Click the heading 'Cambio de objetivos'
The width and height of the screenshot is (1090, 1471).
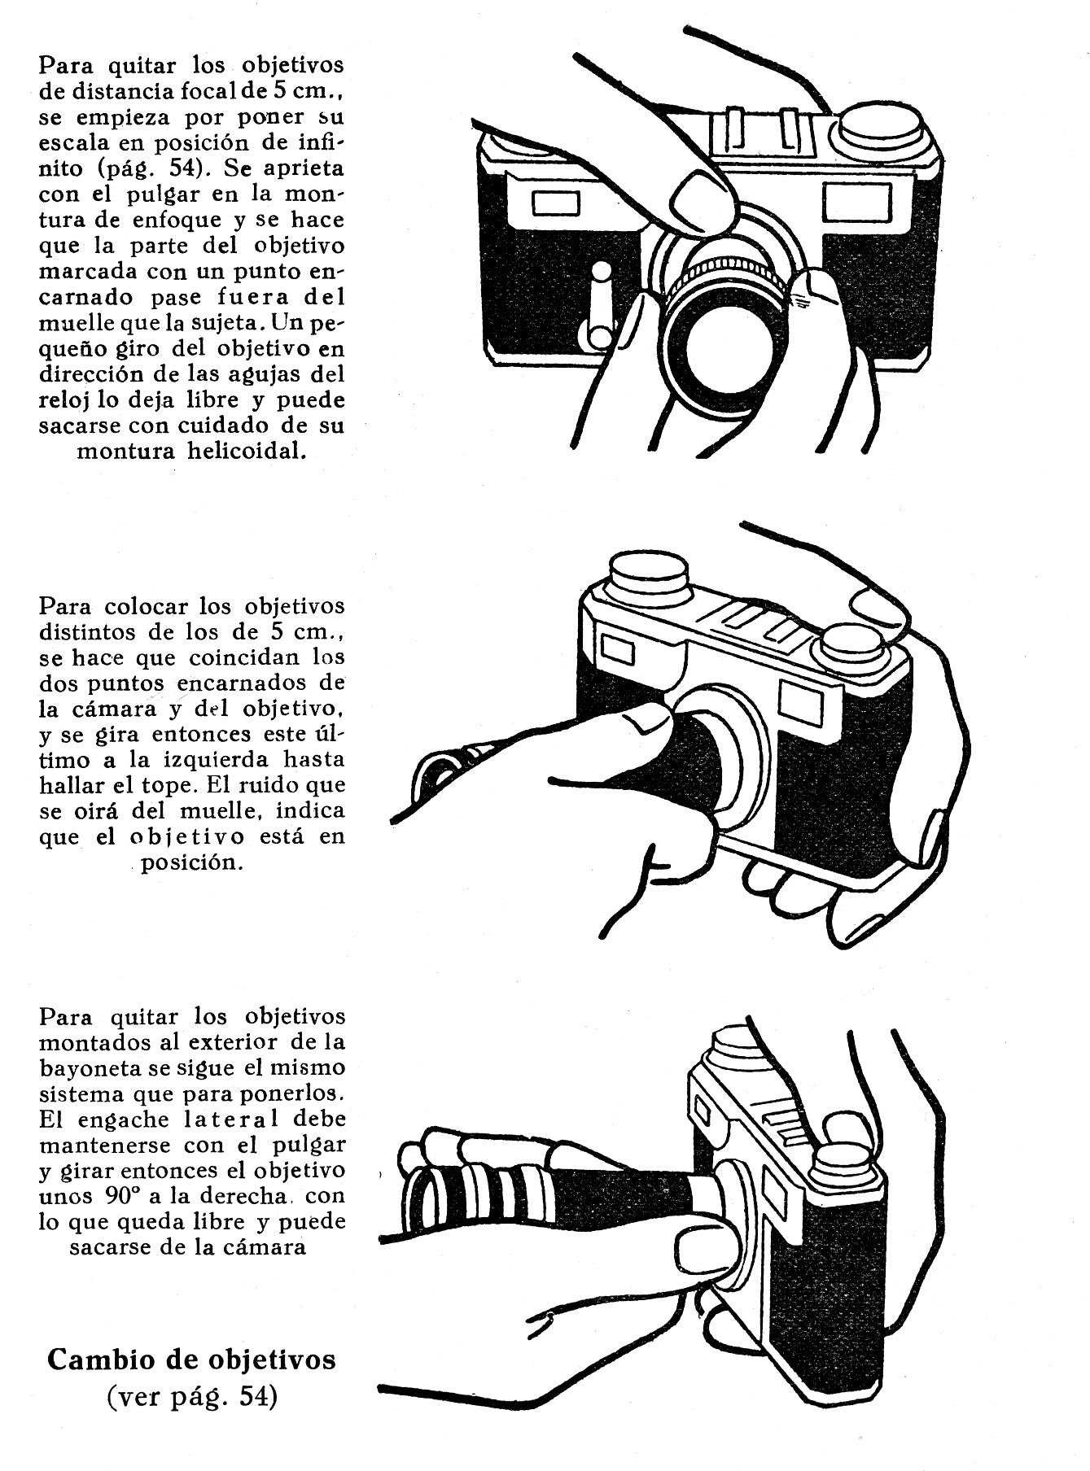pos(191,1360)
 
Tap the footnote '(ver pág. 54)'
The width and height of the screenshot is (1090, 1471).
pos(191,1399)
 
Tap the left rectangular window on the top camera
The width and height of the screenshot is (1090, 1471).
pos(556,203)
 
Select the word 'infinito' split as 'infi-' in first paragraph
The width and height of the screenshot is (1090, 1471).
pos(318,142)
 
